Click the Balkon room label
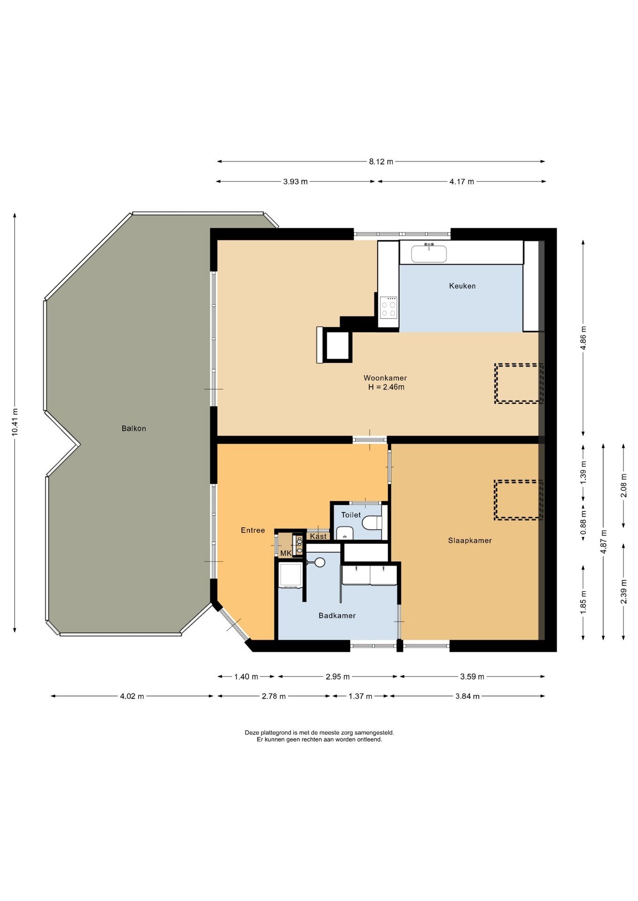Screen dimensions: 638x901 click(134, 428)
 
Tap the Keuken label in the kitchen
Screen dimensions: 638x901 click(462, 286)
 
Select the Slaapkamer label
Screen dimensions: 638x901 click(470, 541)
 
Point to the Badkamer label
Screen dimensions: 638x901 click(337, 616)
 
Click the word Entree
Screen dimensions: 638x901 click(253, 530)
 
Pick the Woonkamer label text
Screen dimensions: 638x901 click(385, 378)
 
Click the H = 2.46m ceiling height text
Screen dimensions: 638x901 click(386, 387)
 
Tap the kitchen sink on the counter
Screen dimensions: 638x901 click(429, 253)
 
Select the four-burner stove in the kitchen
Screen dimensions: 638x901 click(389, 308)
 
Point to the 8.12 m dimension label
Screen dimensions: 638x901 click(381, 161)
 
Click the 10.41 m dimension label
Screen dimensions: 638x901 click(15, 422)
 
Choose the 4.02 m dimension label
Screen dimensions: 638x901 click(132, 696)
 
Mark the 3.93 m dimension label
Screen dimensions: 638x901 click(296, 182)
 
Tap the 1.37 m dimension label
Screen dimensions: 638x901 click(360, 696)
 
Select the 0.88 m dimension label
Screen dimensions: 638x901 click(584, 523)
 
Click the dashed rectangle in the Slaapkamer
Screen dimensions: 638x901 click(518, 500)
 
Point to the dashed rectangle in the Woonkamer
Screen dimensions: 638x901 click(519, 383)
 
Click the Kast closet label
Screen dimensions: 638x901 click(318, 536)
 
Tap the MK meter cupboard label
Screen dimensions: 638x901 click(286, 553)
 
